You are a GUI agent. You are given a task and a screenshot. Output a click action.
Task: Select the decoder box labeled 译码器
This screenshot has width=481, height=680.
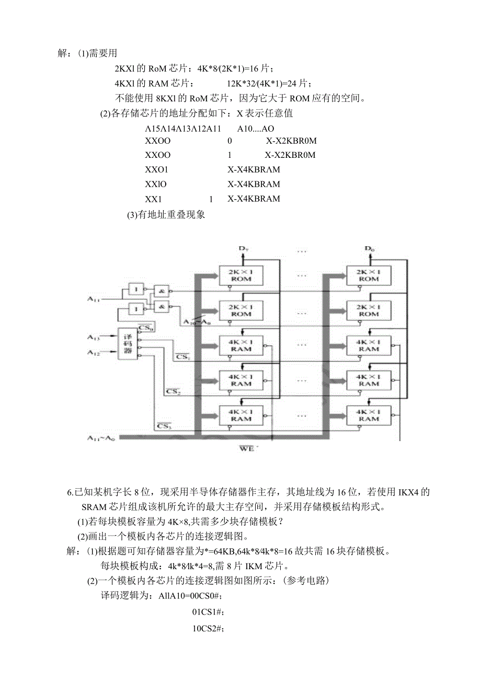[x=127, y=343]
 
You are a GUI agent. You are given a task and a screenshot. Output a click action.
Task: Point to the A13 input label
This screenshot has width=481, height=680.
[x=94, y=338]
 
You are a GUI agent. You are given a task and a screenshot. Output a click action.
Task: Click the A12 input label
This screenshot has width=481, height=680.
[x=94, y=354]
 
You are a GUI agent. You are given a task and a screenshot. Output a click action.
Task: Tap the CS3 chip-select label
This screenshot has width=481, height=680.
[x=165, y=426]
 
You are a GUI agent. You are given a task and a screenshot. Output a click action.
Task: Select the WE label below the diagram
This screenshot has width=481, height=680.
[x=246, y=448]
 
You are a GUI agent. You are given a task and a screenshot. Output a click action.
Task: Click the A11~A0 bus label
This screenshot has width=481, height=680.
[x=101, y=438]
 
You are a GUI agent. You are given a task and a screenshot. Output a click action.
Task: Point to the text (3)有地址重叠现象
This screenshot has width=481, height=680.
[x=166, y=215]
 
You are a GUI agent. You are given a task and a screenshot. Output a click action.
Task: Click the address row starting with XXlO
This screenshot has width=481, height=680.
[x=156, y=184]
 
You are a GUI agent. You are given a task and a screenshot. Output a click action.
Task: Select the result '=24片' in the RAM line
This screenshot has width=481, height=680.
[x=300, y=83]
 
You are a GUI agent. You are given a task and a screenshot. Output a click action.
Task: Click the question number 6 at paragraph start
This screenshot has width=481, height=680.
[x=71, y=492]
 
